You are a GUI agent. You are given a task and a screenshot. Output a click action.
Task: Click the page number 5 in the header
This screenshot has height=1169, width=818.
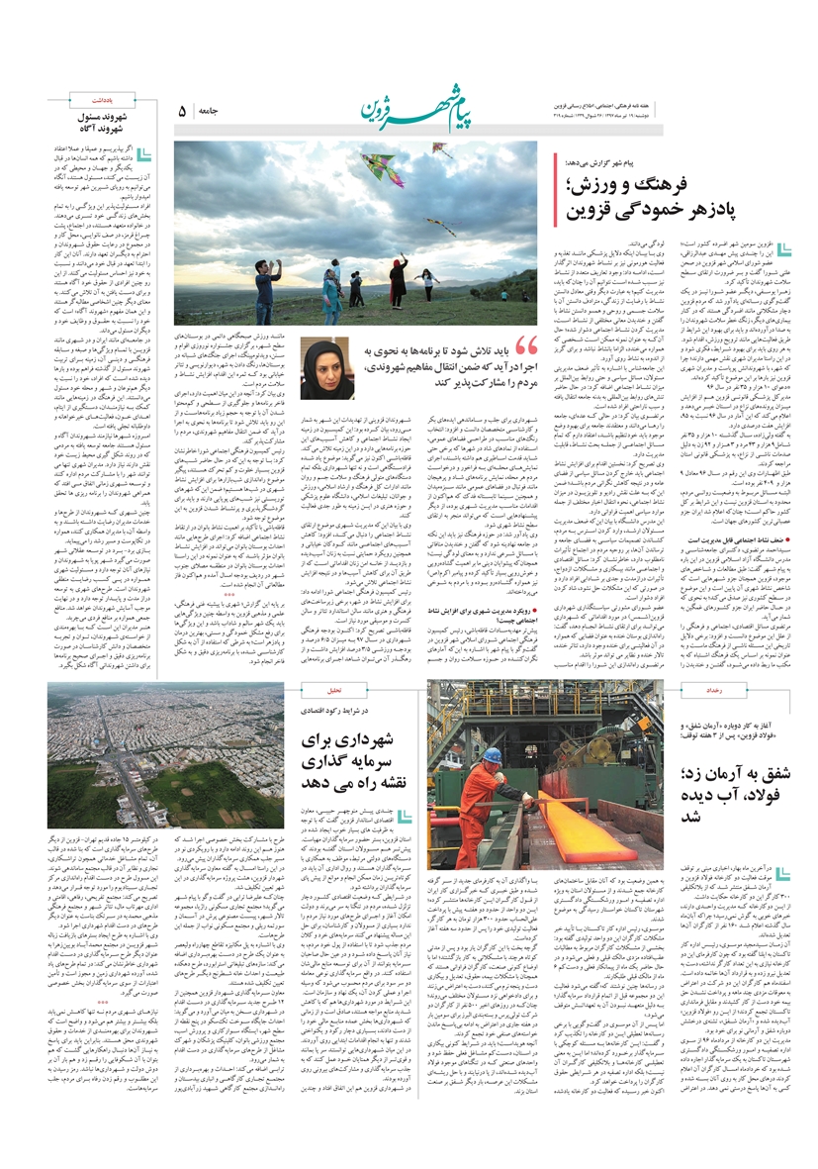point(181,113)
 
